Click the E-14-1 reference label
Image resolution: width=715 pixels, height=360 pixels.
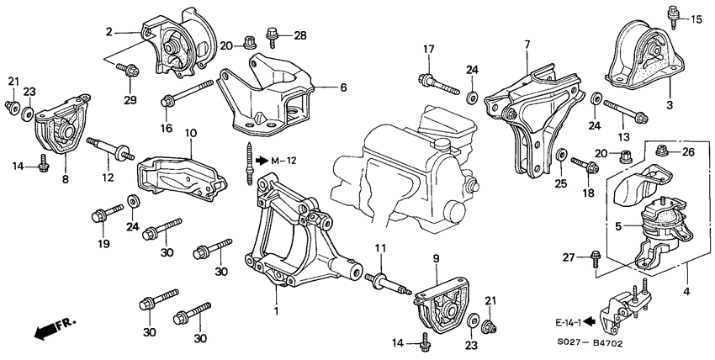pyautogui.click(x=568, y=320)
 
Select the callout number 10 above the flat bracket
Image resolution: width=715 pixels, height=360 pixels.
pyautogui.click(x=190, y=133)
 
